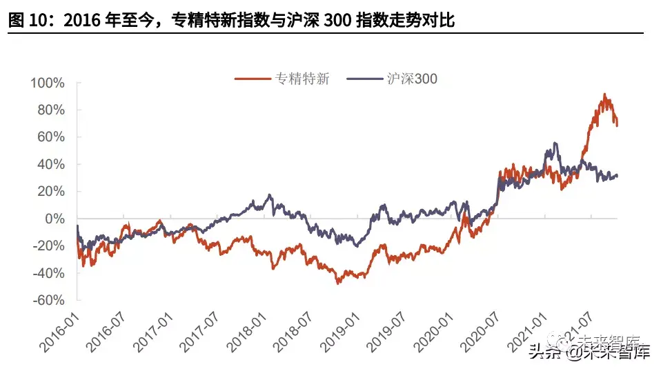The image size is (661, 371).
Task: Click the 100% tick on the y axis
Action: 47,83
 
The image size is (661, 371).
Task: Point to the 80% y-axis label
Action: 50,110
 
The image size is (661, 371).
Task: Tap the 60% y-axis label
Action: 50,137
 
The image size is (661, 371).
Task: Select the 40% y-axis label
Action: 50,165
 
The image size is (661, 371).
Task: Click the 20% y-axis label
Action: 50,192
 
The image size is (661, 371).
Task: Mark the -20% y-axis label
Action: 48,246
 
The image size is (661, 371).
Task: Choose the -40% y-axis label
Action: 48,274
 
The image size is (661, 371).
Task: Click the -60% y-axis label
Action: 48,301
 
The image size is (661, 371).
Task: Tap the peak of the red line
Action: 604,94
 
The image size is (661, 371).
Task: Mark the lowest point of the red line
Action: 338,283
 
